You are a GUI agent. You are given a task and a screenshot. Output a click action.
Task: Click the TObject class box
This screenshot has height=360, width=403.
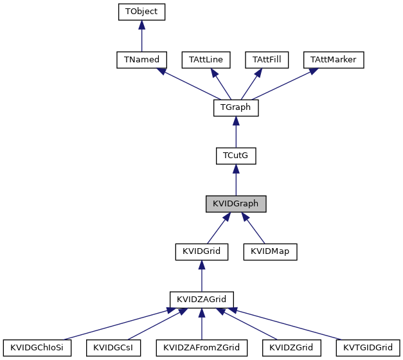coord(142,12)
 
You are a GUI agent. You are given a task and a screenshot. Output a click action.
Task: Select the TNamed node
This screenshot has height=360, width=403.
coord(142,60)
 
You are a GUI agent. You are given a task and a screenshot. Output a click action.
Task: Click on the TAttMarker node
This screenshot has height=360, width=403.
coord(334,60)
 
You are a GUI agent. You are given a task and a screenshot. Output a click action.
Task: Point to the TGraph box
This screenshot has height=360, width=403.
coord(235,108)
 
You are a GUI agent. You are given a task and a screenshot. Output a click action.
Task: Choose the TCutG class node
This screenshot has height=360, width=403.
coord(235,156)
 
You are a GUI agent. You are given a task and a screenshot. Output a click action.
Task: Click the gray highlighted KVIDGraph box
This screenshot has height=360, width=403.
coord(235,204)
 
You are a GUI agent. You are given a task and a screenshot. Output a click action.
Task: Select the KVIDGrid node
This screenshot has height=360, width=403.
coord(202,251)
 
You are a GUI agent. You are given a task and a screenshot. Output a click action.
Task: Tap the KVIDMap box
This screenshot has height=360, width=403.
coord(270,251)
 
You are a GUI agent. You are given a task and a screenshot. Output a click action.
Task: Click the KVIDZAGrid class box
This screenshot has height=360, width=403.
coord(202,300)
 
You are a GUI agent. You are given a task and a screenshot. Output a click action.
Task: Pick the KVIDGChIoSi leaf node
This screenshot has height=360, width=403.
coord(37,348)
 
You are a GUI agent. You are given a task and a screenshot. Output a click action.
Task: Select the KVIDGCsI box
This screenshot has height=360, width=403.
coord(112,348)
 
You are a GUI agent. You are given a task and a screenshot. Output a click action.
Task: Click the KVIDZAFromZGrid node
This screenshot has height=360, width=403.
coord(201,348)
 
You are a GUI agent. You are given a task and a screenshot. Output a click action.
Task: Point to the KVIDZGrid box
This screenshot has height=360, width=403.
coord(291,348)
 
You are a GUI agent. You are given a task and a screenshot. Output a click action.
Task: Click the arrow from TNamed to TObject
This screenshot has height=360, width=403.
coord(142,36)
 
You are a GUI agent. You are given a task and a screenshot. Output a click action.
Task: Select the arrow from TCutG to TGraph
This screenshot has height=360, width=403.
coord(235,132)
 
